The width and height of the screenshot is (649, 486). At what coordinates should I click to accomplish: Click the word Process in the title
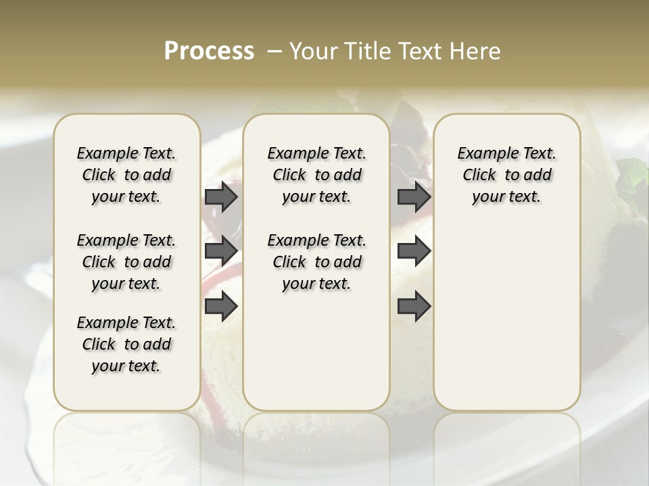point(209,51)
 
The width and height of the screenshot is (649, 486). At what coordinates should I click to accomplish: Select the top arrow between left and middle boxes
point(221,197)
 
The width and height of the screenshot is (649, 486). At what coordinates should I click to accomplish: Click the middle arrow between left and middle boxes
point(221,250)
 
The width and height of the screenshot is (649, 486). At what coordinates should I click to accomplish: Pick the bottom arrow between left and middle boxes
point(221,306)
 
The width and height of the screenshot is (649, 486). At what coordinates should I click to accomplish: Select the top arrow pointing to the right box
point(414,197)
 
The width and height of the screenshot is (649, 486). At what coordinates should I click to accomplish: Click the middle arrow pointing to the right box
point(414,250)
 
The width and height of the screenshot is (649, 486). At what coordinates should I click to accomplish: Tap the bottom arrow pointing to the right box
point(414,306)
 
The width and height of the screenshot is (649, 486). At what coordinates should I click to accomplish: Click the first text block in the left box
point(126,175)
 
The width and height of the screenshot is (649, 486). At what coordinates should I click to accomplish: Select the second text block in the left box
point(126,262)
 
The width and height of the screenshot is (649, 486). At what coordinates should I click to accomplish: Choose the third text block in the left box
point(126,344)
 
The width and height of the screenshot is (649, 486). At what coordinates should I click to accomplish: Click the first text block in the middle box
point(316,175)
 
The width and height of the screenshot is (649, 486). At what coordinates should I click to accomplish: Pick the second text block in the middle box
point(316,262)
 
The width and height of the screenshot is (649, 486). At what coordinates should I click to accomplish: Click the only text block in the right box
point(506,175)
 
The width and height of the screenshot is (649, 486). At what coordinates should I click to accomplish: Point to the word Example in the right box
point(481,153)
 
